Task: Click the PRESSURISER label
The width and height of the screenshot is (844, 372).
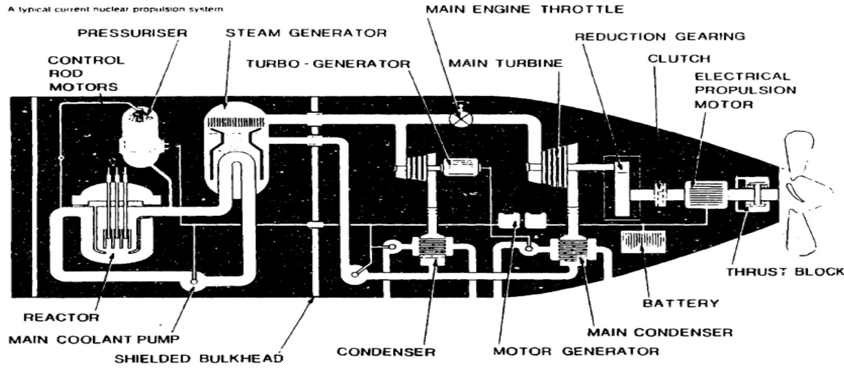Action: (x=132, y=33)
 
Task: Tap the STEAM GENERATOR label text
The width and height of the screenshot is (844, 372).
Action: (x=306, y=33)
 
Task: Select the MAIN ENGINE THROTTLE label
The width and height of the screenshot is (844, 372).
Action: (x=524, y=9)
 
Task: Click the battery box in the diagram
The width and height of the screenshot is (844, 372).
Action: (x=643, y=241)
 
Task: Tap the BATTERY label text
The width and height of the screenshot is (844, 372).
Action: (x=681, y=303)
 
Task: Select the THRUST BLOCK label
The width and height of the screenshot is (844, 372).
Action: (x=784, y=272)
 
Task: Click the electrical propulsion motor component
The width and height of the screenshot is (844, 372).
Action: (x=705, y=195)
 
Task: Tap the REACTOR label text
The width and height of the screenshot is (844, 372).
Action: (x=61, y=317)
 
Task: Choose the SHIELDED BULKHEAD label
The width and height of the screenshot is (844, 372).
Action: (x=199, y=358)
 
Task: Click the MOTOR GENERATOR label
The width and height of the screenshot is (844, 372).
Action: (x=576, y=351)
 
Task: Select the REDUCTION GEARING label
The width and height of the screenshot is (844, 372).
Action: (x=659, y=36)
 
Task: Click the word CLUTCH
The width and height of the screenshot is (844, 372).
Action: (x=679, y=58)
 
